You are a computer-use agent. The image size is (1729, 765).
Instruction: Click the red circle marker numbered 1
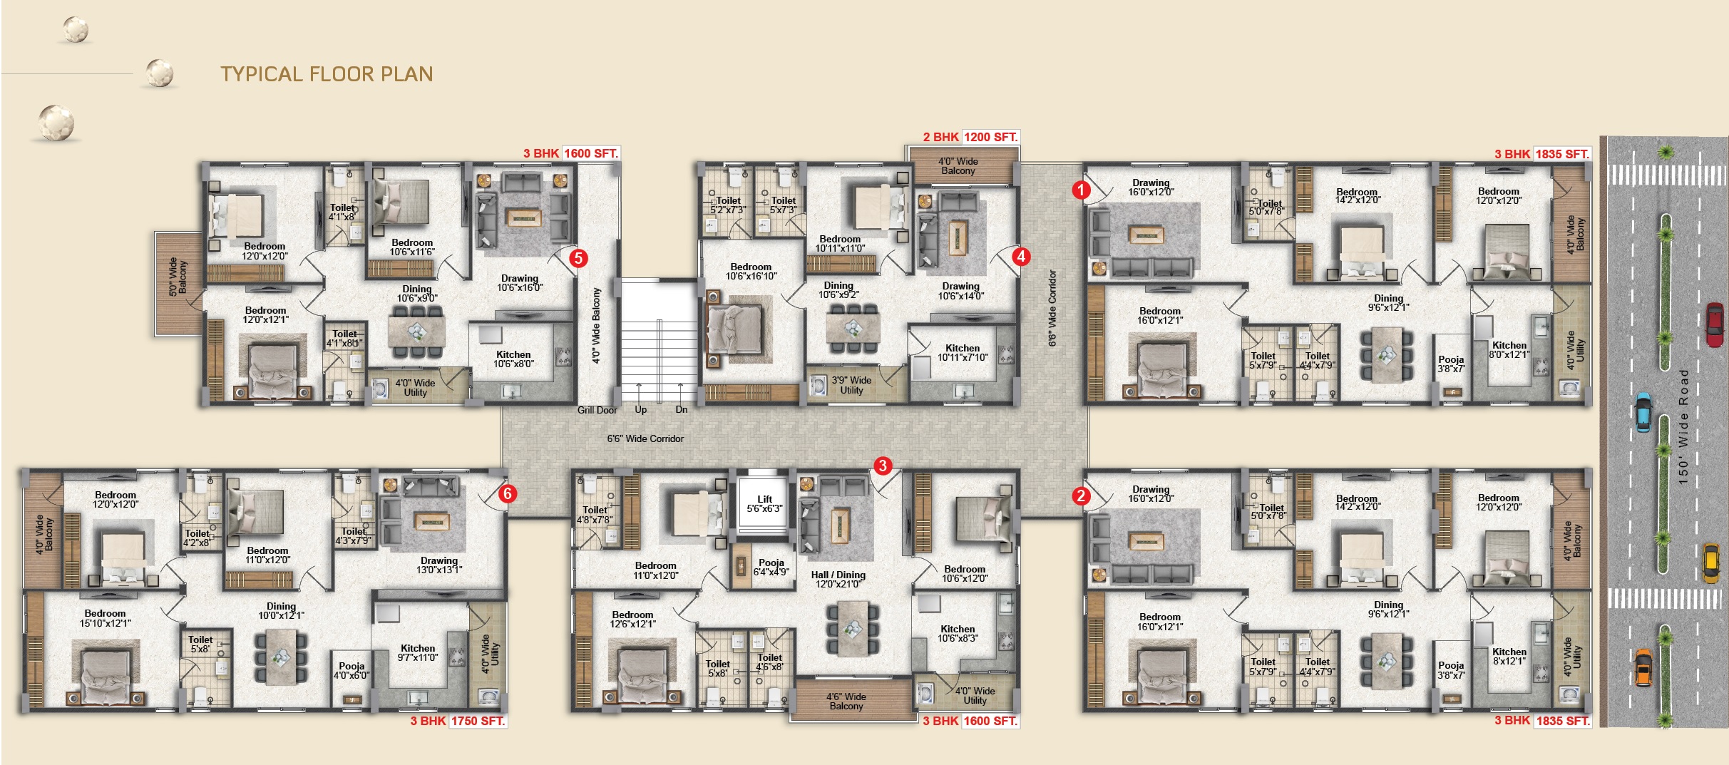point(1081,190)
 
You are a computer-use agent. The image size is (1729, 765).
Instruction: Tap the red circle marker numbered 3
point(883,466)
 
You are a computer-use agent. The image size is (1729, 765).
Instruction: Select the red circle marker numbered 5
point(578,258)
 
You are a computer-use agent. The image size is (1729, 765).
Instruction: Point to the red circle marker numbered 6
point(507,493)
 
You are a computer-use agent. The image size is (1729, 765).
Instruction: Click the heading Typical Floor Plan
point(327,74)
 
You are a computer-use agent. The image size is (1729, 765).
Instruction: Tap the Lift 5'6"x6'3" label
point(764,504)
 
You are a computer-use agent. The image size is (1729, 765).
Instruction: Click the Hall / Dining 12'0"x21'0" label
point(838,580)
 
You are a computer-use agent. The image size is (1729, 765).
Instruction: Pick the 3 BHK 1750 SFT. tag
point(458,721)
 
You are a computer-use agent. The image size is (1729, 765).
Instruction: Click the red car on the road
point(1714,324)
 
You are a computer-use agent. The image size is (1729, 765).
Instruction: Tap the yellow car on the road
point(1710,563)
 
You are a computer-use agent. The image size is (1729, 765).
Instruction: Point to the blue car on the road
point(1643,412)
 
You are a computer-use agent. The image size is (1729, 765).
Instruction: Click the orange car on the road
point(1643,667)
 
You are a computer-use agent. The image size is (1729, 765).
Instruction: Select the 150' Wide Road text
point(1683,427)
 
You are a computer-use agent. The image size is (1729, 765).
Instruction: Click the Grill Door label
point(597,410)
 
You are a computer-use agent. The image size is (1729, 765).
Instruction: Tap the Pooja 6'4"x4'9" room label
point(771,567)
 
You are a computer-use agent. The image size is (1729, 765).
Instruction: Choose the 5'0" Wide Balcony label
point(178,277)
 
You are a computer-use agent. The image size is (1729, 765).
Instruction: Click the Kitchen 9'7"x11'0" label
point(417,653)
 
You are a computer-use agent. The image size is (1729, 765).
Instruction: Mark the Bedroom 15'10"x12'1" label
point(105,618)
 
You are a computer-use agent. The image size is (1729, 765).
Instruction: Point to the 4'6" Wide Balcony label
point(846,702)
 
